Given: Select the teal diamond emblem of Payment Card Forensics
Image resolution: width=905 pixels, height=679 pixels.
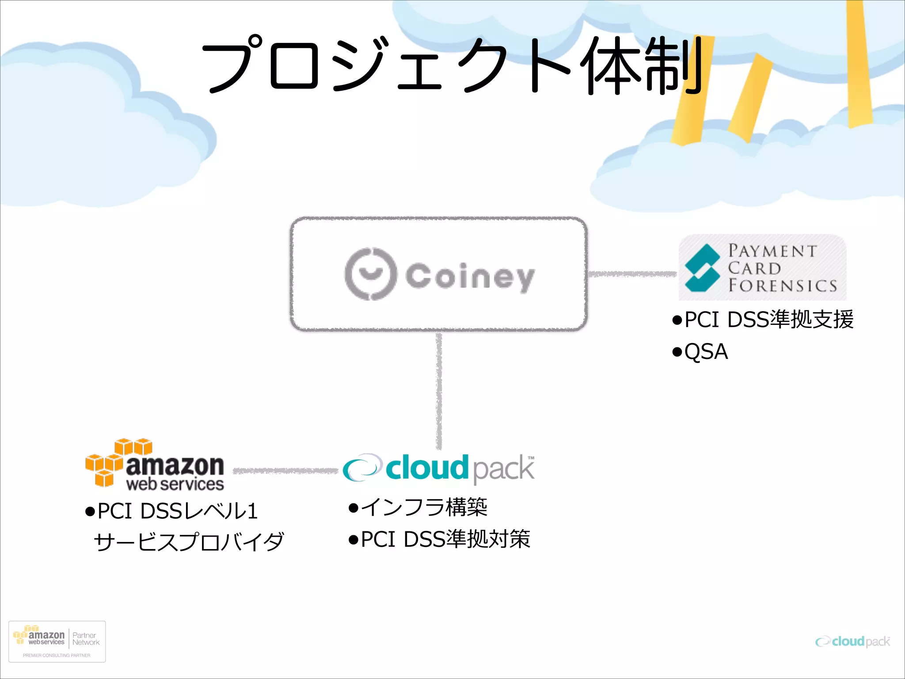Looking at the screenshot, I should [x=701, y=267].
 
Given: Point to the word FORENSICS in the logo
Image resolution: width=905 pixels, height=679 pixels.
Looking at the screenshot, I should [x=782, y=286].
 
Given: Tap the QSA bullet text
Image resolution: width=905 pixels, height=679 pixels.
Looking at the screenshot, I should [x=706, y=352].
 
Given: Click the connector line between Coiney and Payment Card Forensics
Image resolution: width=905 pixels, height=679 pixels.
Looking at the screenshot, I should [x=632, y=275].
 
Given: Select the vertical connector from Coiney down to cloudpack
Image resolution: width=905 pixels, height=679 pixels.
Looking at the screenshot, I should [x=439, y=389].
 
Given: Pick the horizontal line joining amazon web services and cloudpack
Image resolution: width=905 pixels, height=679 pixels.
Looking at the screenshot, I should [x=285, y=471].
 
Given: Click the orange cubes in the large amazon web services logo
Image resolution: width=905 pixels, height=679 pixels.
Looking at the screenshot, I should [x=110, y=462].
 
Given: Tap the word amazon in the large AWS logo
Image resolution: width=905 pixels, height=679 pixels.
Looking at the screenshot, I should [x=175, y=465].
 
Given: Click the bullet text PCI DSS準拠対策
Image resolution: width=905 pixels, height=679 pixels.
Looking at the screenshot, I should [x=445, y=539].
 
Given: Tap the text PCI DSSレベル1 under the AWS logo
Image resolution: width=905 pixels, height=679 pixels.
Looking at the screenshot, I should [x=177, y=511].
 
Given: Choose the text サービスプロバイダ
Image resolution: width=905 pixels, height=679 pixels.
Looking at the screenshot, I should [x=189, y=542].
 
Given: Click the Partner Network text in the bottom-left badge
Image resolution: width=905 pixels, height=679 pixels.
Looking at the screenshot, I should [x=86, y=639].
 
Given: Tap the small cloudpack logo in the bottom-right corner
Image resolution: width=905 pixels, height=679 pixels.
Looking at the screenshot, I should [x=852, y=641].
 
